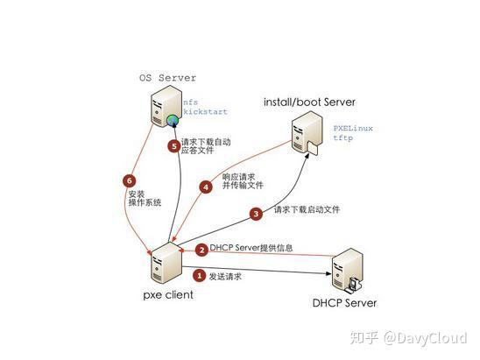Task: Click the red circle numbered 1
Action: click(199, 276)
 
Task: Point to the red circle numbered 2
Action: click(201, 249)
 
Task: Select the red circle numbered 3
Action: click(257, 213)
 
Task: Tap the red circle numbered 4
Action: click(207, 187)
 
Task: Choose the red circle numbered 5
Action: click(174, 146)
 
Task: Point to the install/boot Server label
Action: click(309, 102)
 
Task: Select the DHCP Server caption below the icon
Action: click(344, 303)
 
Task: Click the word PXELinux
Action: click(352, 128)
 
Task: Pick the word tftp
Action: click(342, 139)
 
